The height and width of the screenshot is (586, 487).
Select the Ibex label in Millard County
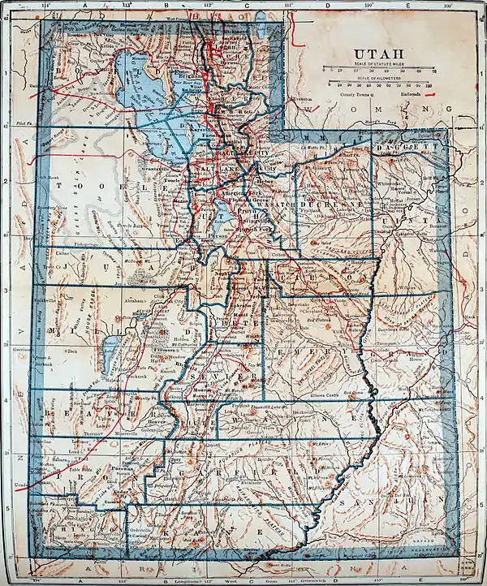pyautogui.click(x=73, y=351)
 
